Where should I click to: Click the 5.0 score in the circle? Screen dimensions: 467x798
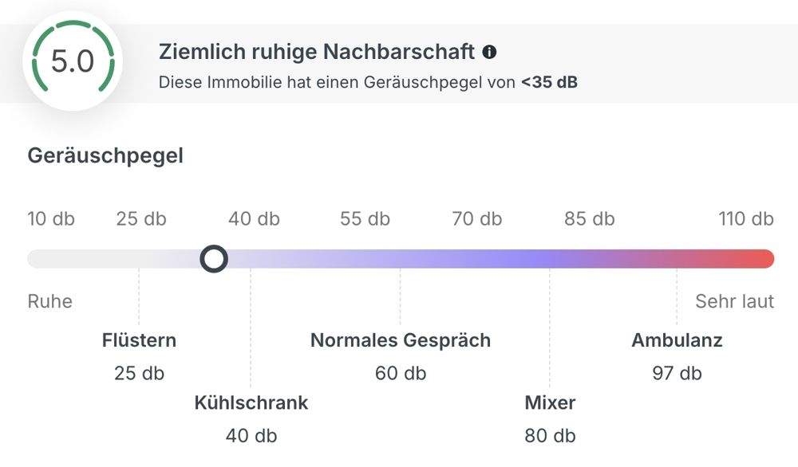pos(73,61)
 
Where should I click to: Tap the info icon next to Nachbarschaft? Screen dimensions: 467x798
pos(489,53)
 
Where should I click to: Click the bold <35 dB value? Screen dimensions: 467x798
pos(549,81)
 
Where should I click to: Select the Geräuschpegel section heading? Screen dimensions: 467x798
pos(105,155)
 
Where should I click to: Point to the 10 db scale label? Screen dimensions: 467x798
pos(51,218)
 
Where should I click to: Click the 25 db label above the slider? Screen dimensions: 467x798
pos(141,218)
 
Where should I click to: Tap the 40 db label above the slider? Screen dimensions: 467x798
pos(254,218)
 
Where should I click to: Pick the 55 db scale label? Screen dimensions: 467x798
pos(365,218)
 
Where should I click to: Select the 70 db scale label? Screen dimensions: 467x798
pos(477,218)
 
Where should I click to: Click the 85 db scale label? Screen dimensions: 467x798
pos(590,218)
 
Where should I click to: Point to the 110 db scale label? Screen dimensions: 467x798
pos(746,218)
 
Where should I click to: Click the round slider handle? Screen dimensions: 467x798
pos(214,258)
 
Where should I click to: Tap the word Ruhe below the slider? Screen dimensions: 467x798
pos(50,301)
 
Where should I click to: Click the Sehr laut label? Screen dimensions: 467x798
pos(734,301)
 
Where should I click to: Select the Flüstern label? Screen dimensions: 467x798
pos(140,340)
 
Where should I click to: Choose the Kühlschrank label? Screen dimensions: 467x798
pos(251,402)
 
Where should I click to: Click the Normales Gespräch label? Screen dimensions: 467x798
pos(401,340)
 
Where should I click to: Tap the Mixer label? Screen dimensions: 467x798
pos(550,402)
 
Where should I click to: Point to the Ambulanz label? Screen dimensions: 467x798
pos(677,340)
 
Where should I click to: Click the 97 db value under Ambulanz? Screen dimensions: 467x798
pos(677,373)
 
